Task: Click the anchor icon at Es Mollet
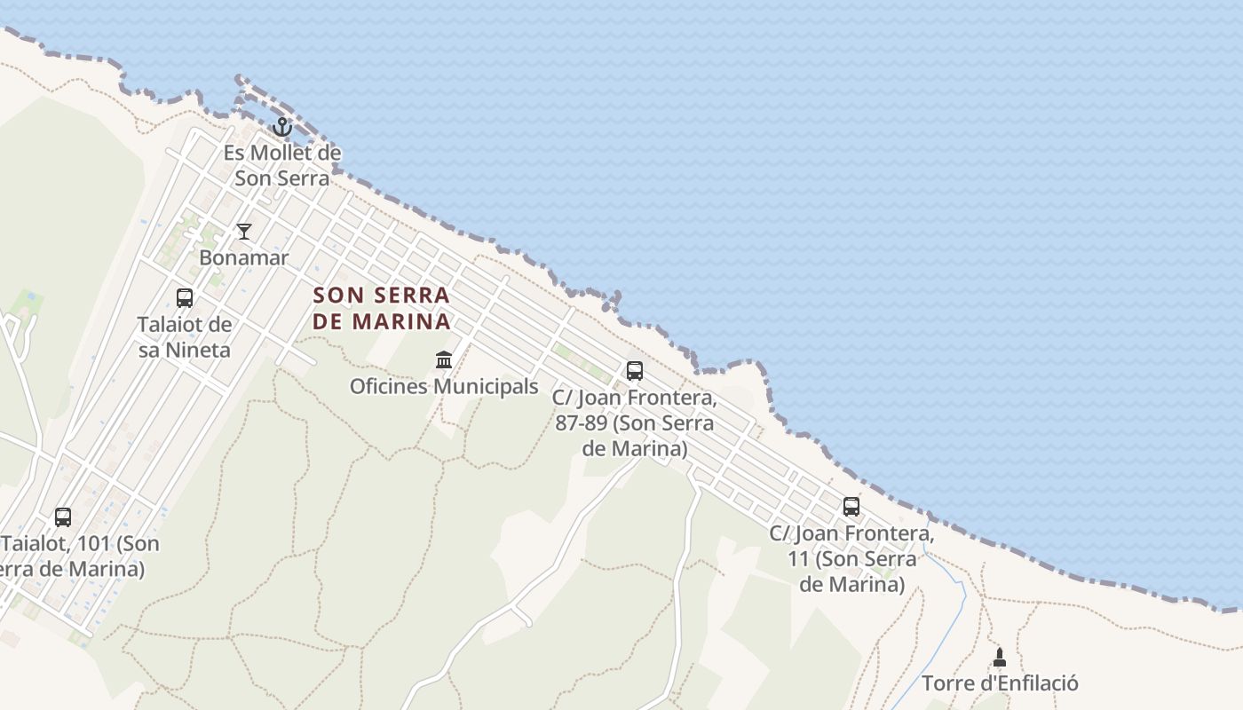click(282, 127)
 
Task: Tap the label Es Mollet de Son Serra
click(282, 165)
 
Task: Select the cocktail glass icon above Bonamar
click(244, 232)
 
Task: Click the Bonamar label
click(244, 258)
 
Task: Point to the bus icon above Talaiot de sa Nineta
click(185, 298)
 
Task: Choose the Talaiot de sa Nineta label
click(185, 337)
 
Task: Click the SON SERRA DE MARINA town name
click(382, 308)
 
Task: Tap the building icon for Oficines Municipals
click(444, 359)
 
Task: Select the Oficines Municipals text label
click(444, 387)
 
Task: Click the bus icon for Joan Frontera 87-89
click(635, 371)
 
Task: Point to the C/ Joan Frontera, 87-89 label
click(635, 422)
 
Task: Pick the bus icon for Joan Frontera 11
click(851, 507)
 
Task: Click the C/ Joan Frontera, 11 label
click(851, 559)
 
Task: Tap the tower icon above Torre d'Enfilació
click(1000, 658)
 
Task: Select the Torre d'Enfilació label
click(1000, 683)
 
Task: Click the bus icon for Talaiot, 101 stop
click(63, 517)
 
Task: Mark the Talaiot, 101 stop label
click(75, 556)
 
